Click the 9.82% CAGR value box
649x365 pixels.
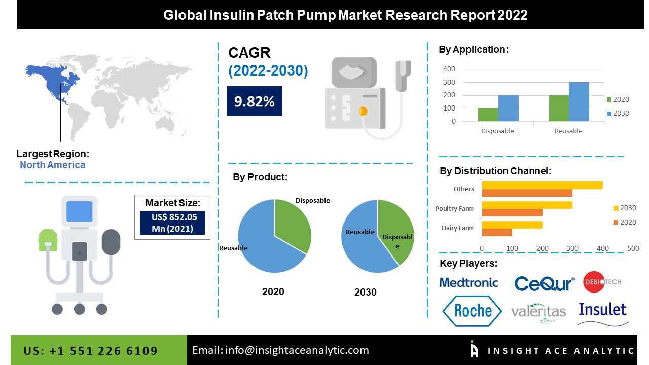coord(254,101)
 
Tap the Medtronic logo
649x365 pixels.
coord(469,283)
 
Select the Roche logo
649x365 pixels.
coord(472,311)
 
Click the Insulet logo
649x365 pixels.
coord(602,310)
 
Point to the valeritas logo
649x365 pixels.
coord(538,311)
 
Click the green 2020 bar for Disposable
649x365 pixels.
coord(488,115)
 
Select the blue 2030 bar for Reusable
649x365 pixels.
coord(579,102)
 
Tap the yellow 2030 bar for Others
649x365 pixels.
coord(542,185)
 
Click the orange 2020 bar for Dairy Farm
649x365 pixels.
coord(496,232)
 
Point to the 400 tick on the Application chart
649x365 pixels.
coord(449,69)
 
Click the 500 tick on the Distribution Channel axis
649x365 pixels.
coord(633,248)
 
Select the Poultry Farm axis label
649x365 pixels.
coord(454,208)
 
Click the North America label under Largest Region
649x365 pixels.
coord(53,165)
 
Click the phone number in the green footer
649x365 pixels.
coord(91,351)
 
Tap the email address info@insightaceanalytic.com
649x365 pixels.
coord(281,350)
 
